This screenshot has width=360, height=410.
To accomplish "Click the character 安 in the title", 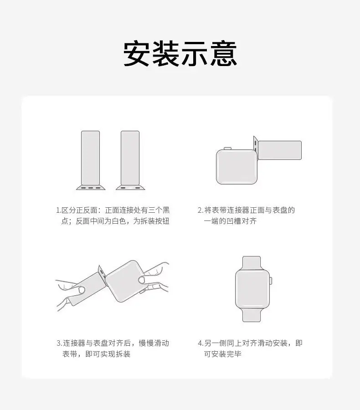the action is pos(137,53).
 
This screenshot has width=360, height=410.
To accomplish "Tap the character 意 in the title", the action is pos(224,53).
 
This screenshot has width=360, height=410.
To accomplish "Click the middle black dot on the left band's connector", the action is pos(91,188).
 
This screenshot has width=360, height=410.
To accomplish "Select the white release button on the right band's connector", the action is pos(130,188).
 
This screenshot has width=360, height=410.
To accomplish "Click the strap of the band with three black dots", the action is pos(91,158).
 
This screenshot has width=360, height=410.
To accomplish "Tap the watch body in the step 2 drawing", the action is pos(237,167).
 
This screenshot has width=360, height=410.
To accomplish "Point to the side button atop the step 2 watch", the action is pos(227,148).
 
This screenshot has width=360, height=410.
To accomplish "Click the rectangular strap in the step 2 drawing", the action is pos(280,150).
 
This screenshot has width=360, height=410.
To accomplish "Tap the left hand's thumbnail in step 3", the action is pos(82,290).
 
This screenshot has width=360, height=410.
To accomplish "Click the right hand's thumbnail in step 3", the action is pos(142,280).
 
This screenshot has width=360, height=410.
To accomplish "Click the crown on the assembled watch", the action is pos(271,281).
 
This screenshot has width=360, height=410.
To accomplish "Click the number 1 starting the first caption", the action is pos(58,210).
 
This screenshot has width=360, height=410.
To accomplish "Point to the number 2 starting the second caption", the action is pos(200,210).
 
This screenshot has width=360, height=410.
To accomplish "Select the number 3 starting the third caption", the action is pos(59,343).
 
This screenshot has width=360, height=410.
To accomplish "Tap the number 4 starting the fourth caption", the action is pos(200,343).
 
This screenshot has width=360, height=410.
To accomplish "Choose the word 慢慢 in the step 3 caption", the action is pos(146,343).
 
